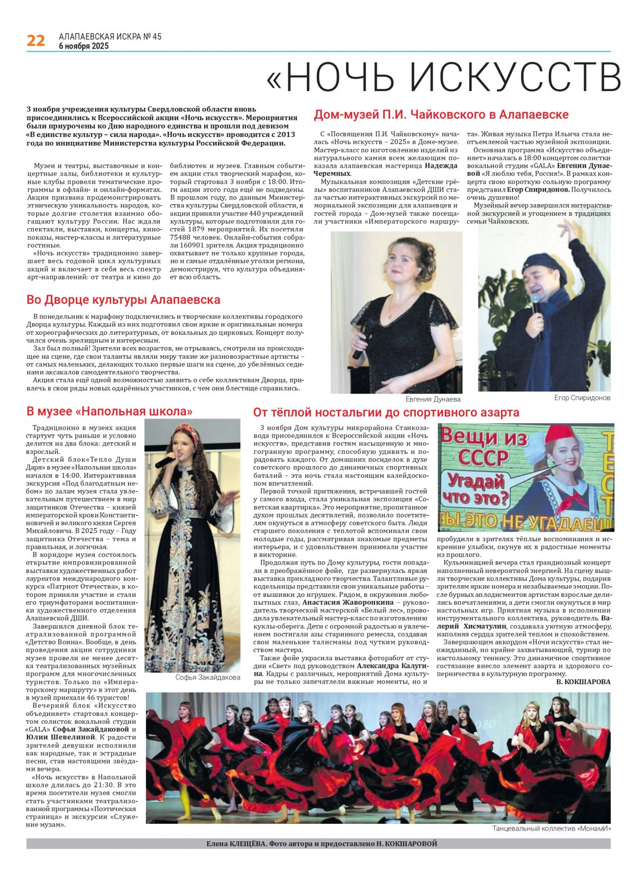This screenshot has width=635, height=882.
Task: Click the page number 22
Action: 35,40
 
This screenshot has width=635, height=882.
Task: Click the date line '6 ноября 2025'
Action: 84,46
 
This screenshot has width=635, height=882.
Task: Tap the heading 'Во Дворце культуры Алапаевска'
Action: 123,299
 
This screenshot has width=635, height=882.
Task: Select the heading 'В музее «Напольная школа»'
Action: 110,411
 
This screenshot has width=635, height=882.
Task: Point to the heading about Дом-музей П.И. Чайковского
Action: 441,114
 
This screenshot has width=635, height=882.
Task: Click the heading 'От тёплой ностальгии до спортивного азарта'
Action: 386,412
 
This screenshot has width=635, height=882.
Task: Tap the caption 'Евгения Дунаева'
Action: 433,399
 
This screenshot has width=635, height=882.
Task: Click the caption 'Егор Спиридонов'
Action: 582,398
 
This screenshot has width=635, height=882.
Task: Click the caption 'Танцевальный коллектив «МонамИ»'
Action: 551,828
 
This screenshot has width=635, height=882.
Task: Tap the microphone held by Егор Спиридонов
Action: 536,307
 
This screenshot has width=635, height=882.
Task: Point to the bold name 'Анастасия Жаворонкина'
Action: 348,602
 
